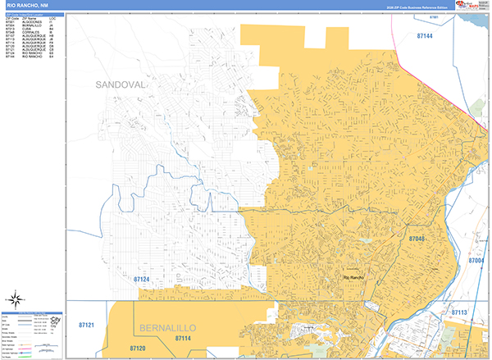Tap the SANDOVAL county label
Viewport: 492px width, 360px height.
pos(121,84)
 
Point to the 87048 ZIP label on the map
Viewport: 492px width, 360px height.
pos(417,239)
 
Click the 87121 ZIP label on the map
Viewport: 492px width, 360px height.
pos(86,326)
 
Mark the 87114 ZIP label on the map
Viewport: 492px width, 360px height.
pos(183,338)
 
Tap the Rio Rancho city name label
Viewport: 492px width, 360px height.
pos(352,278)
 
